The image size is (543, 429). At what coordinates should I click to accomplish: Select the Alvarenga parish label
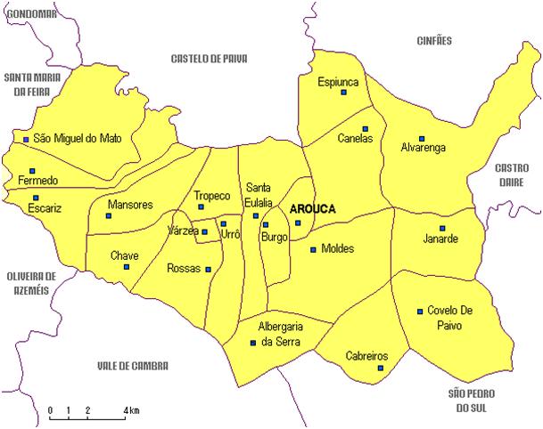(423, 148)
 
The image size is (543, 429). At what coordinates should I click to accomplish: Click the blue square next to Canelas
(365, 127)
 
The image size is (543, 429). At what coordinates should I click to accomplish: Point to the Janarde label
(440, 239)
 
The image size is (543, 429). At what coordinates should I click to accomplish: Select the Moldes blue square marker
(312, 249)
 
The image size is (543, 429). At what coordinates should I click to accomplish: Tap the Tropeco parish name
(212, 196)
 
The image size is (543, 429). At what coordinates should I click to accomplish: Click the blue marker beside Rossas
(209, 269)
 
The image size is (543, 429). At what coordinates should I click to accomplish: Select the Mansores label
(130, 205)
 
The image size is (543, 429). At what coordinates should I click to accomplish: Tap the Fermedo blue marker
(32, 170)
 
